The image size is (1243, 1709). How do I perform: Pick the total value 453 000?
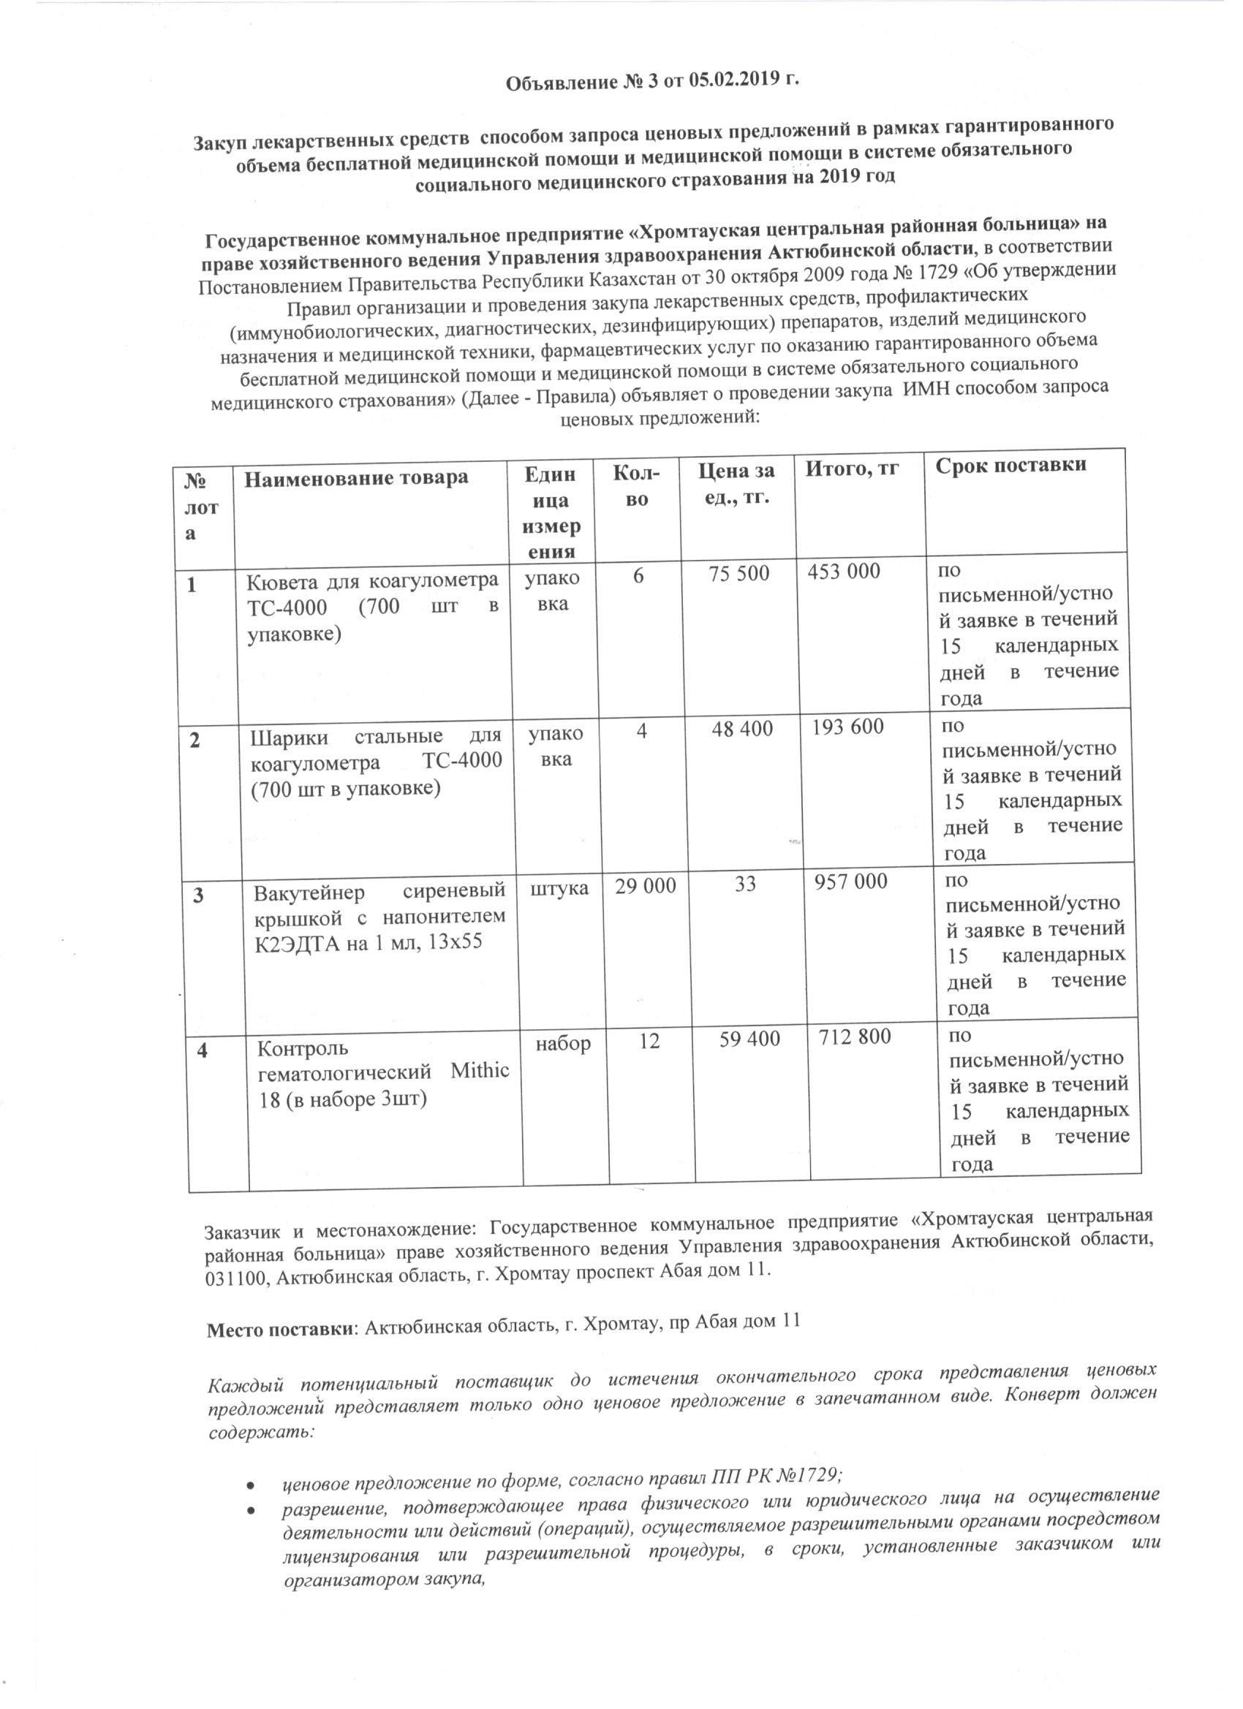[844, 571]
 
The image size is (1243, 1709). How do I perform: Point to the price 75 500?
[738, 573]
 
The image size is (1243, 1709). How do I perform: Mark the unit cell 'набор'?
[563, 1044]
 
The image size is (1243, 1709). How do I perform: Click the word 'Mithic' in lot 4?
[480, 1071]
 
